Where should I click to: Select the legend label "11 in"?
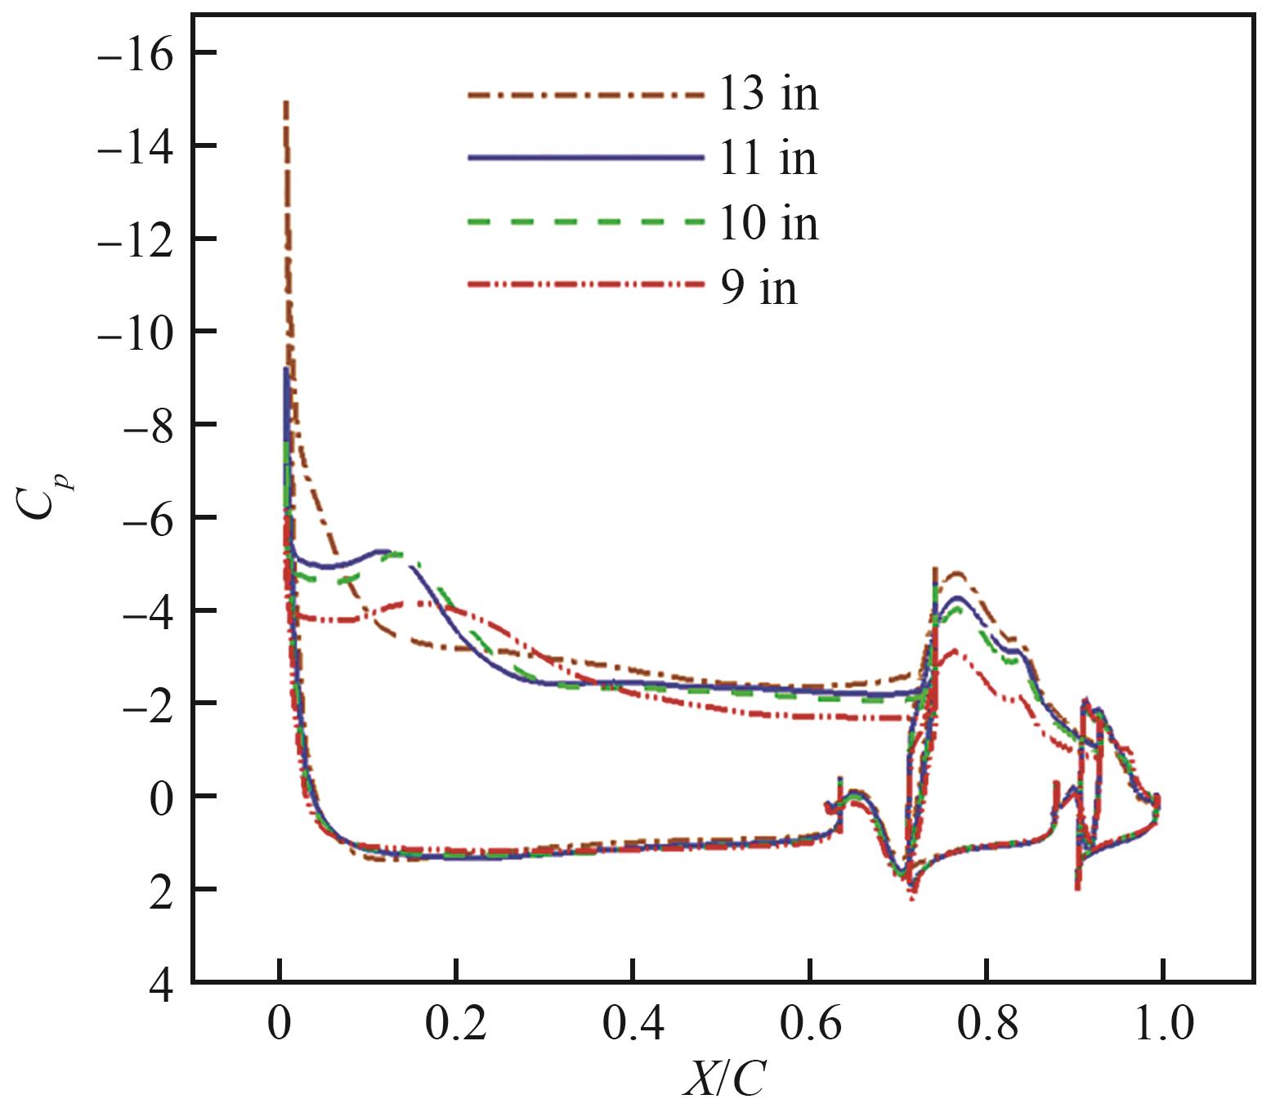[768, 158]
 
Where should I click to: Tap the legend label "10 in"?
[768, 222]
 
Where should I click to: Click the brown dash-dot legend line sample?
[585, 95]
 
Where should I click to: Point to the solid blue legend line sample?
[585, 157]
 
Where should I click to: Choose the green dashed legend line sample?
[585, 221]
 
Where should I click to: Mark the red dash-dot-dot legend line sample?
[585, 284]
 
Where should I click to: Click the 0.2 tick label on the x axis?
[456, 1025]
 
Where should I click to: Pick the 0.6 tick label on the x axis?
[810, 1025]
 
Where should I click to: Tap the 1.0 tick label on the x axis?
[1163, 1025]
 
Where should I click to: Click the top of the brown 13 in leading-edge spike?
[285, 103]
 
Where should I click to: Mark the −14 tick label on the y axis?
[136, 149]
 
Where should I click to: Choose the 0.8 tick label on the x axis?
[987, 1025]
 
